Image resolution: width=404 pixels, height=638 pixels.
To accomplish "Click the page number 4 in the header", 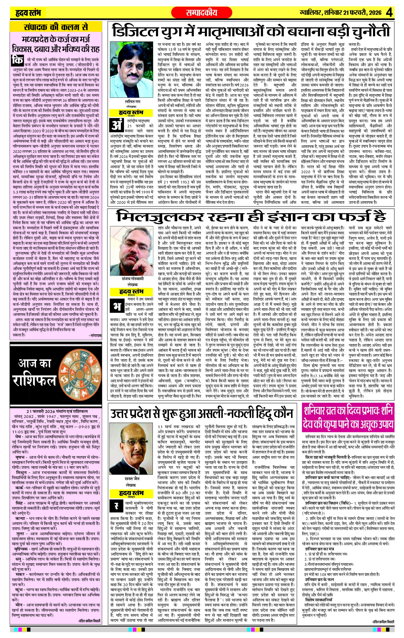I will point(389,12).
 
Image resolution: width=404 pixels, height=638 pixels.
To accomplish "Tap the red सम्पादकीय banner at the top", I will point(202,12).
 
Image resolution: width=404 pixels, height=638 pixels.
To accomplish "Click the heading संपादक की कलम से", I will point(56,27).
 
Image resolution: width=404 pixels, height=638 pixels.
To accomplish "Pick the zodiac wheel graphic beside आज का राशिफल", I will point(80,373).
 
